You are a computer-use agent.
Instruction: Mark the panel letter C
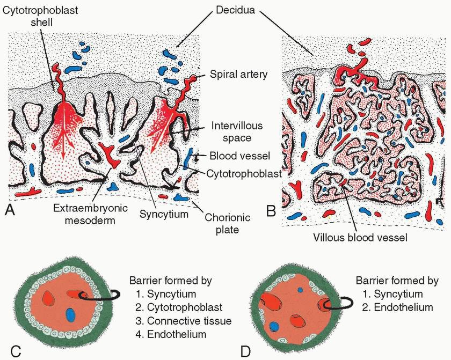point(16,351)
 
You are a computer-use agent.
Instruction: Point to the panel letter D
point(246,351)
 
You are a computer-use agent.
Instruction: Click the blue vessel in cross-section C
point(70,313)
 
